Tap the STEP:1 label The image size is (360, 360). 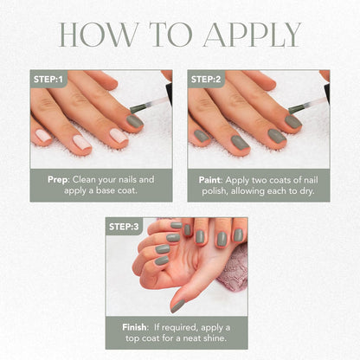(48, 79)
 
